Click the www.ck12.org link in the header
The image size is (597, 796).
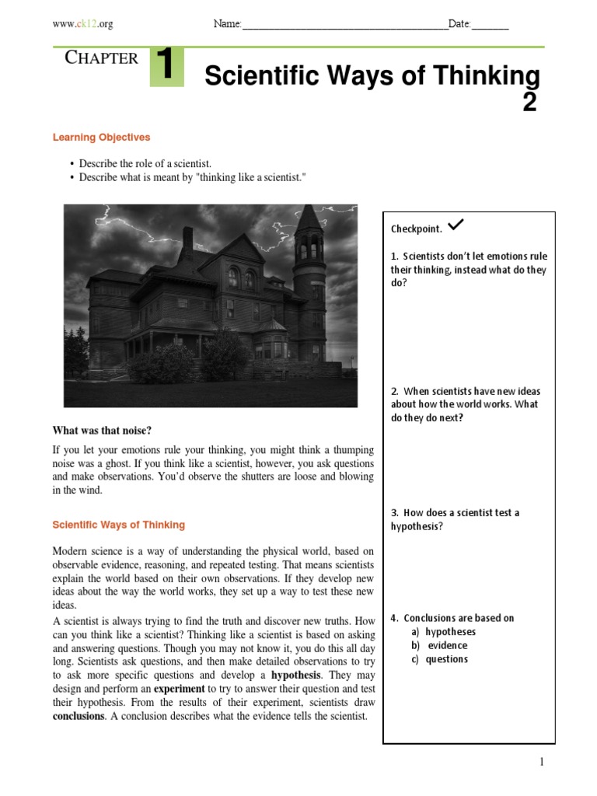coord(82,24)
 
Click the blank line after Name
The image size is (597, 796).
coord(345,26)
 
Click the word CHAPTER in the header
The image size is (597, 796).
coord(102,58)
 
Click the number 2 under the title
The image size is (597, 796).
coord(529,102)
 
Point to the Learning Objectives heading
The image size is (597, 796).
coord(101,138)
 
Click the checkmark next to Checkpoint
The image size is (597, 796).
coord(456,225)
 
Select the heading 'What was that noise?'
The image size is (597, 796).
coord(102,431)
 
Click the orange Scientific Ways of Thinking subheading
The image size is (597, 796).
coord(118,525)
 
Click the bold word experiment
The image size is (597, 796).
coord(179,689)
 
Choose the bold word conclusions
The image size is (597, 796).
coord(78,716)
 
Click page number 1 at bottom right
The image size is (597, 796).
coord(542,763)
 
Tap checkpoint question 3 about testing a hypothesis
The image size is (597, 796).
coord(455,519)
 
